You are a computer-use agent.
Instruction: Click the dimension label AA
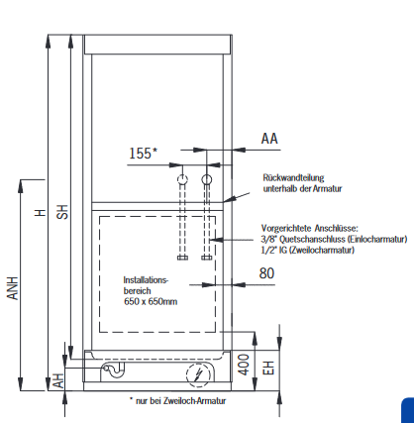click(x=269, y=139)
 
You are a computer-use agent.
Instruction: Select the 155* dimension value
click(x=143, y=154)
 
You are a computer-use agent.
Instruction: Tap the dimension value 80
click(x=266, y=273)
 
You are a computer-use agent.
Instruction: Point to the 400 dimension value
click(x=244, y=365)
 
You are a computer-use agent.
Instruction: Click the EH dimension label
click(x=268, y=368)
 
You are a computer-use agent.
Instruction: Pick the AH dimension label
click(x=58, y=380)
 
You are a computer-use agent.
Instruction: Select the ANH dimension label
click(x=13, y=288)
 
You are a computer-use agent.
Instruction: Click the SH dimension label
click(x=62, y=212)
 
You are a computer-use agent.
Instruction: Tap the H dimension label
click(x=41, y=212)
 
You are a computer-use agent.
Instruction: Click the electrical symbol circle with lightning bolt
click(x=198, y=375)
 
